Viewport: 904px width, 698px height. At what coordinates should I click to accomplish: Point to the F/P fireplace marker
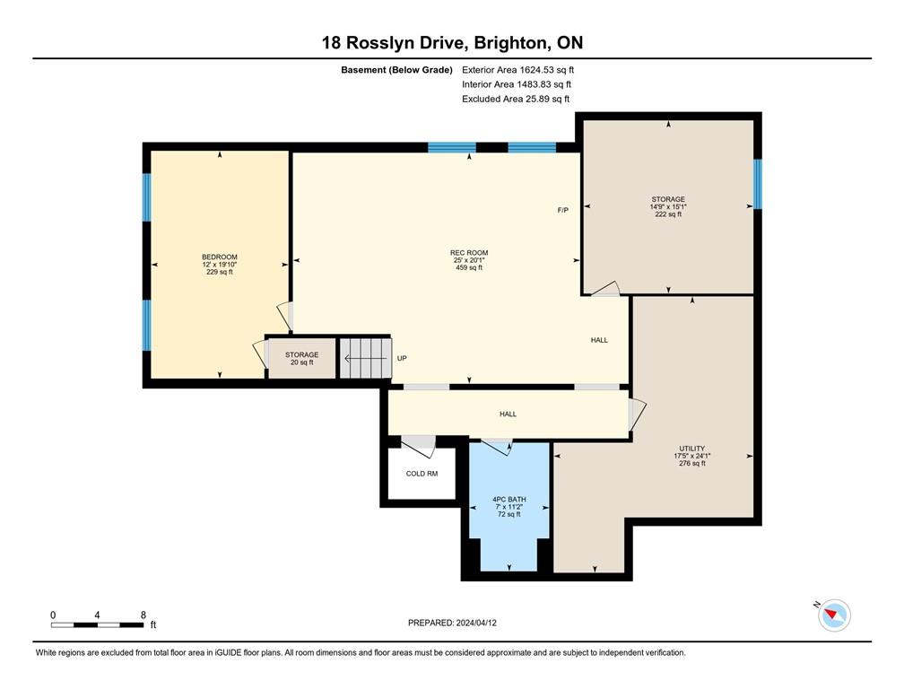563,211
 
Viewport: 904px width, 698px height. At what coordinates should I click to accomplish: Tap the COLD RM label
422,473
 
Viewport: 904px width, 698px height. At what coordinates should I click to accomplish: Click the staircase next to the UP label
366,358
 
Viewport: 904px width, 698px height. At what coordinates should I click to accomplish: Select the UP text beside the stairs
402,359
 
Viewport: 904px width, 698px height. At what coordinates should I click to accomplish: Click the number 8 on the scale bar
143,615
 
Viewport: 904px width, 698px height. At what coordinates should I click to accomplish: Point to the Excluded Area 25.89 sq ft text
516,99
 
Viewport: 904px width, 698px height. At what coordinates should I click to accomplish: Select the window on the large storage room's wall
757,183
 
